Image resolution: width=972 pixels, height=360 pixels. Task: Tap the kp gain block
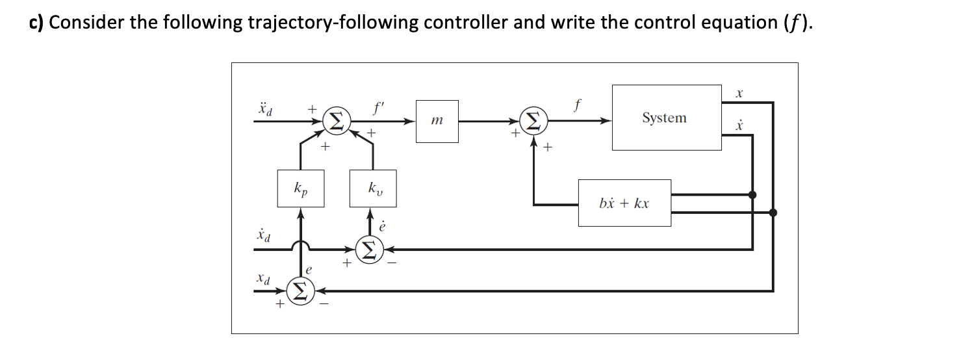pos(300,188)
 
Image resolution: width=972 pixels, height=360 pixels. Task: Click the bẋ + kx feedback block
pos(624,203)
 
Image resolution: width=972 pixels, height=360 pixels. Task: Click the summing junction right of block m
pos(533,121)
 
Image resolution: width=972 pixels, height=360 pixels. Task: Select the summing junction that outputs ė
pos(369,248)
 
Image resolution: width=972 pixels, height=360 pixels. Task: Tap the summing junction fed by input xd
pos(300,290)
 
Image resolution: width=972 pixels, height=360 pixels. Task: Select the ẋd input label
pos(264,235)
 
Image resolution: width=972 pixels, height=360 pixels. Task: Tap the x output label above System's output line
pos(739,94)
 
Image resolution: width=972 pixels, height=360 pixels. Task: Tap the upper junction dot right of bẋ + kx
pos(752,194)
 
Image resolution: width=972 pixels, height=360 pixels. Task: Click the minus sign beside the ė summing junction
pos(391,263)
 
